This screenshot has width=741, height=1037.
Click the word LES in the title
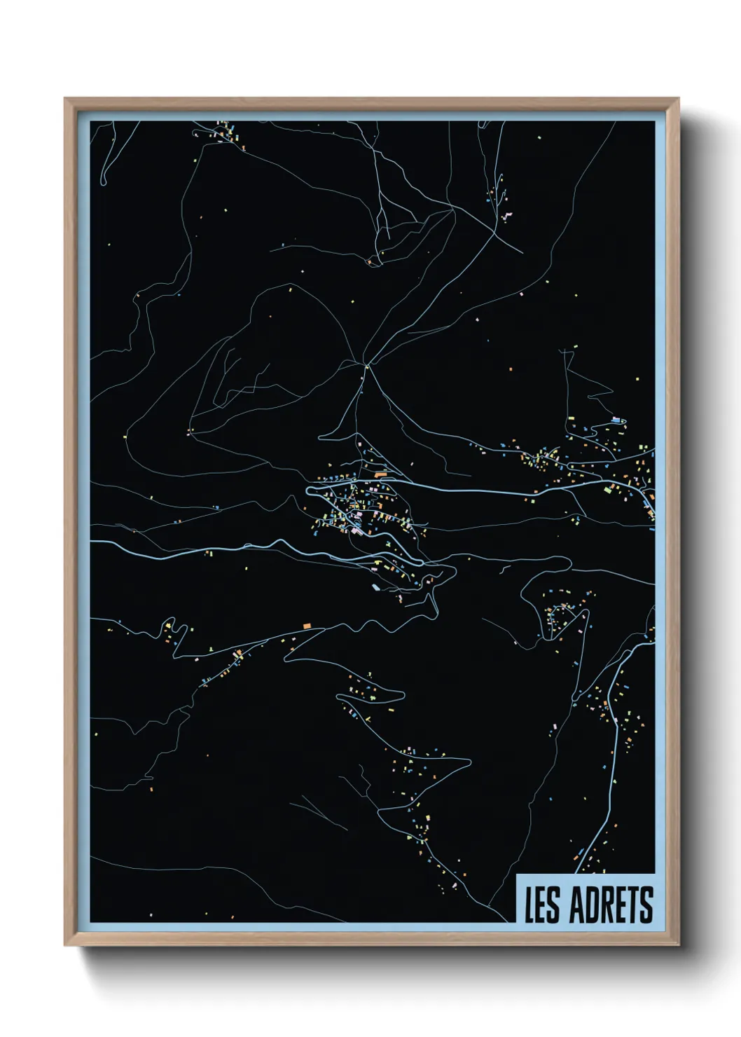click(543, 905)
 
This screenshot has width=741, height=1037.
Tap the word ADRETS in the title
click(611, 905)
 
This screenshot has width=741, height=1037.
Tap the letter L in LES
click(530, 905)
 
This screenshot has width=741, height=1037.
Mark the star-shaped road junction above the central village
click(366, 365)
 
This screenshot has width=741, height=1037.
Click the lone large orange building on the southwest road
click(306, 624)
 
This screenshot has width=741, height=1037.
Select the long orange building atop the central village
click(380, 474)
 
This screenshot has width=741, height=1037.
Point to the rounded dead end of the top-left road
click(104, 183)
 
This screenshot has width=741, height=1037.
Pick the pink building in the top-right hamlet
click(506, 214)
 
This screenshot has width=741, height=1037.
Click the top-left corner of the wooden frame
click(65, 99)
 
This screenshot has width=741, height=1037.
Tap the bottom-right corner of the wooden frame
click(679, 946)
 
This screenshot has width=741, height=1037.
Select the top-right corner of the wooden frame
click(679, 99)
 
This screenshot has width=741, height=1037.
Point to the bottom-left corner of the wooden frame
click(65, 946)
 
